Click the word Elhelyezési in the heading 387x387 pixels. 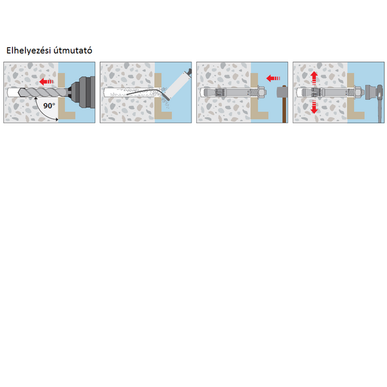(x=28, y=51)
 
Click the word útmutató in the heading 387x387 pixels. (x=73, y=51)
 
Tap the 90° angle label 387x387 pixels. (x=49, y=106)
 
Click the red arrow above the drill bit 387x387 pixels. (x=47, y=81)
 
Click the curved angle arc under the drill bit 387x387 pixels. (x=44, y=111)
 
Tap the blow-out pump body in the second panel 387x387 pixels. (x=177, y=85)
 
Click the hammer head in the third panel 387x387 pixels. (x=282, y=92)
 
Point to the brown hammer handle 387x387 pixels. (x=284, y=110)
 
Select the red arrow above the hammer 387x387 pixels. (x=274, y=79)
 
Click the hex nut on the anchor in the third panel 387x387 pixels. (x=262, y=92)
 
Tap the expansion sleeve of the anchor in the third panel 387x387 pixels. (x=220, y=92)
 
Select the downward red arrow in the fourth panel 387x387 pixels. (x=314, y=108)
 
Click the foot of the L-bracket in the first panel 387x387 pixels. (x=67, y=115)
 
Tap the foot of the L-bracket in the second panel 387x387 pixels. (x=163, y=115)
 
